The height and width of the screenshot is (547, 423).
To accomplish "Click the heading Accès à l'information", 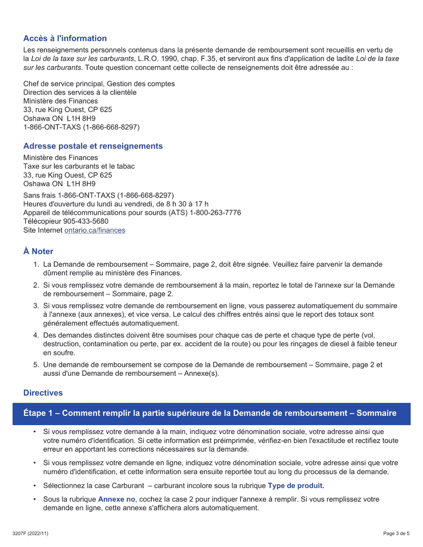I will coord(65,38).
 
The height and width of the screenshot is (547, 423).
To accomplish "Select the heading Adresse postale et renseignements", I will coord(93,146).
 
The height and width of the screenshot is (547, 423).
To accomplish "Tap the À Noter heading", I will coord(38,251).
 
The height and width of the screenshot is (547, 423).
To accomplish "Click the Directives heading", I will coord(43,393).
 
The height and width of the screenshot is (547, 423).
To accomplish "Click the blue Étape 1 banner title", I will coord(210,413).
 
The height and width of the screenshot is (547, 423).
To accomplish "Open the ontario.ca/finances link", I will coord(95,230).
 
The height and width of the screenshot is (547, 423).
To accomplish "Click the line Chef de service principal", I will coord(99,84).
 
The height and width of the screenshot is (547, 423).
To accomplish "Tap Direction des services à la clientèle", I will coord(80,93).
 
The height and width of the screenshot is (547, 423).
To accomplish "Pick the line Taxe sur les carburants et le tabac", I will coord(79,166).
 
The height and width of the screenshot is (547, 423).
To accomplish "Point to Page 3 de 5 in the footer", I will coord(396,533).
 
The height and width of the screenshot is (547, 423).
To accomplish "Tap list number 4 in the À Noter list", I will coord(36,335).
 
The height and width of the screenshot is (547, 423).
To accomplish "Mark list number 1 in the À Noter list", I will coord(36,265).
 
